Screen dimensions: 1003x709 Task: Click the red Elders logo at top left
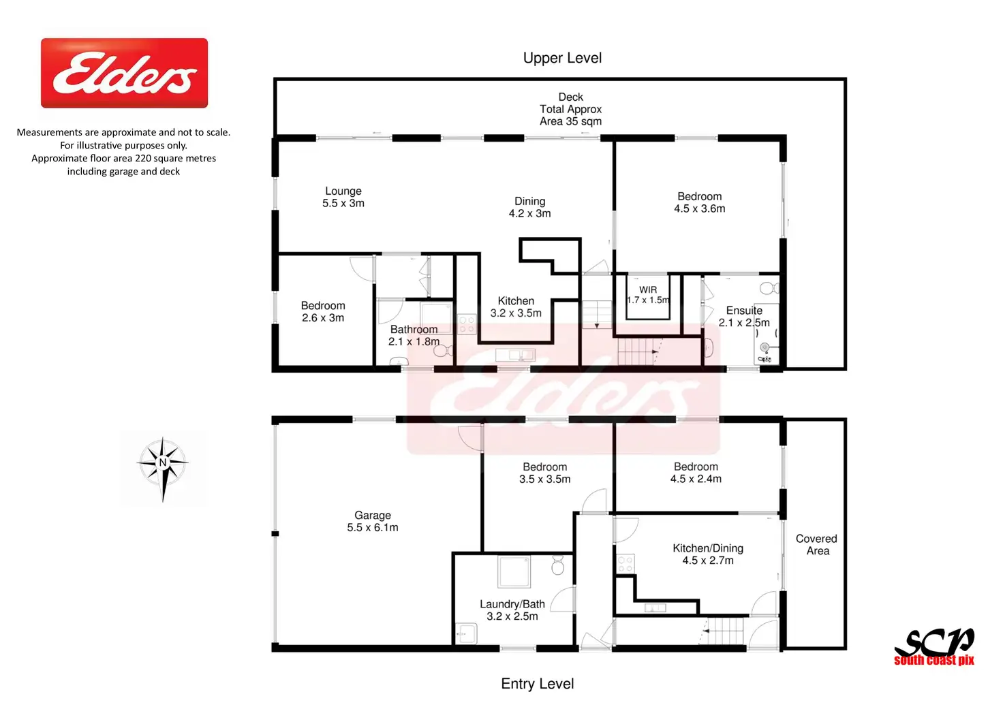[124, 73]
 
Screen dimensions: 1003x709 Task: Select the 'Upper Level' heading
[562, 58]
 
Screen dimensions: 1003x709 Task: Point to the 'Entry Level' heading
[538, 684]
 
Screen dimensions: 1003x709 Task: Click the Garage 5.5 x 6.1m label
[373, 522]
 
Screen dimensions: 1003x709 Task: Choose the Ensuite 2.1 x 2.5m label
[744, 317]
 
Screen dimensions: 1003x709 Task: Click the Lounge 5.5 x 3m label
[343, 197]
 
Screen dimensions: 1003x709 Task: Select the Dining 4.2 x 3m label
[529, 207]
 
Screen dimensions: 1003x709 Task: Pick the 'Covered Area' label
[816, 545]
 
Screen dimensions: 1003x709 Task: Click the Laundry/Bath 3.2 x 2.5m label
[512, 610]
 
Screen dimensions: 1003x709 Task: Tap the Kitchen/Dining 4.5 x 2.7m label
[708, 554]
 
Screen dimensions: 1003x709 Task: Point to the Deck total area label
[570, 109]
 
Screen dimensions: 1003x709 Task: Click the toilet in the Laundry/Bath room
[557, 565]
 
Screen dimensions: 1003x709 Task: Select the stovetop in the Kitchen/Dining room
[625, 564]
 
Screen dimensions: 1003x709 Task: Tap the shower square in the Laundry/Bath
[514, 571]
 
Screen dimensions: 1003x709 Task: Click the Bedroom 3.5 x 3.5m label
[545, 473]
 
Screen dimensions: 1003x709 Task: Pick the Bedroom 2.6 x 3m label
[323, 311]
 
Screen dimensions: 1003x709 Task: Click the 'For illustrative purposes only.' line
[123, 146]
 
